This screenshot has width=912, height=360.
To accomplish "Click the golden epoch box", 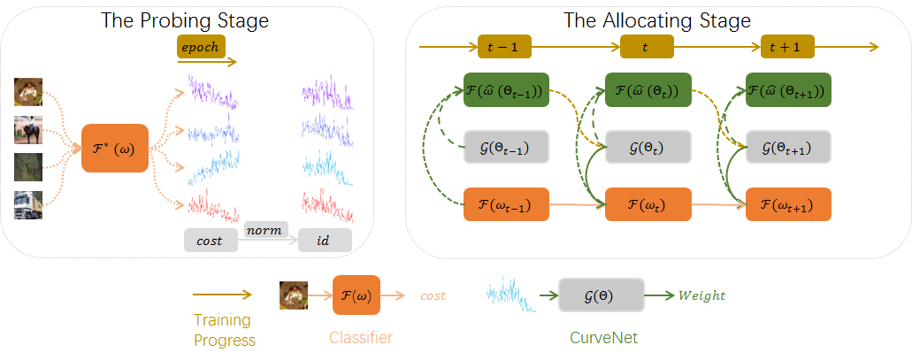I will pyautogui.click(x=202, y=47).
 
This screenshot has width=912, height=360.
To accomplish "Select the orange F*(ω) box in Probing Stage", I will pyautogui.click(x=115, y=148).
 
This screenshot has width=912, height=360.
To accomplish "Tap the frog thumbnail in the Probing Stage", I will pyautogui.click(x=28, y=92).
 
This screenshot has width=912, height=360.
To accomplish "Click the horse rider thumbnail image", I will pyautogui.click(x=28, y=130).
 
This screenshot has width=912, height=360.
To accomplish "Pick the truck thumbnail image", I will pyautogui.click(x=28, y=205).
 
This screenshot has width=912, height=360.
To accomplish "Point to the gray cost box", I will pyautogui.click(x=211, y=240).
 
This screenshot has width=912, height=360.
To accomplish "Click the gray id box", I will pyautogui.click(x=325, y=240).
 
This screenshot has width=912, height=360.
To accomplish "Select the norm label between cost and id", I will pyautogui.click(x=264, y=230).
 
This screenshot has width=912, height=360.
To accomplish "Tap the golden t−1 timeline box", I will pyautogui.click(x=502, y=47).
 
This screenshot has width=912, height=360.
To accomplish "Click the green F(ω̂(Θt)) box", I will pyautogui.click(x=646, y=90).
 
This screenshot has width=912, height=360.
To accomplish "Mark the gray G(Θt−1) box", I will pyautogui.click(x=505, y=147).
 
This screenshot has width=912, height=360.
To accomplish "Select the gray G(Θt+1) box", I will pyautogui.click(x=788, y=147).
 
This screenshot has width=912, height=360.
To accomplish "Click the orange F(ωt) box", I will pyautogui.click(x=647, y=204).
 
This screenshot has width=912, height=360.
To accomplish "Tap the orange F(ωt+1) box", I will pyautogui.click(x=788, y=204).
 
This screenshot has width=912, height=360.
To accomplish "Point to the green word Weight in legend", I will pyautogui.click(x=702, y=295).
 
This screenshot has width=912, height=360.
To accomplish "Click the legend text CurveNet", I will pyautogui.click(x=602, y=337).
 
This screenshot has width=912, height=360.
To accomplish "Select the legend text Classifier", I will pyautogui.click(x=361, y=337).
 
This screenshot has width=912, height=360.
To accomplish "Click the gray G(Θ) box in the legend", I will pyautogui.click(x=601, y=295).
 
